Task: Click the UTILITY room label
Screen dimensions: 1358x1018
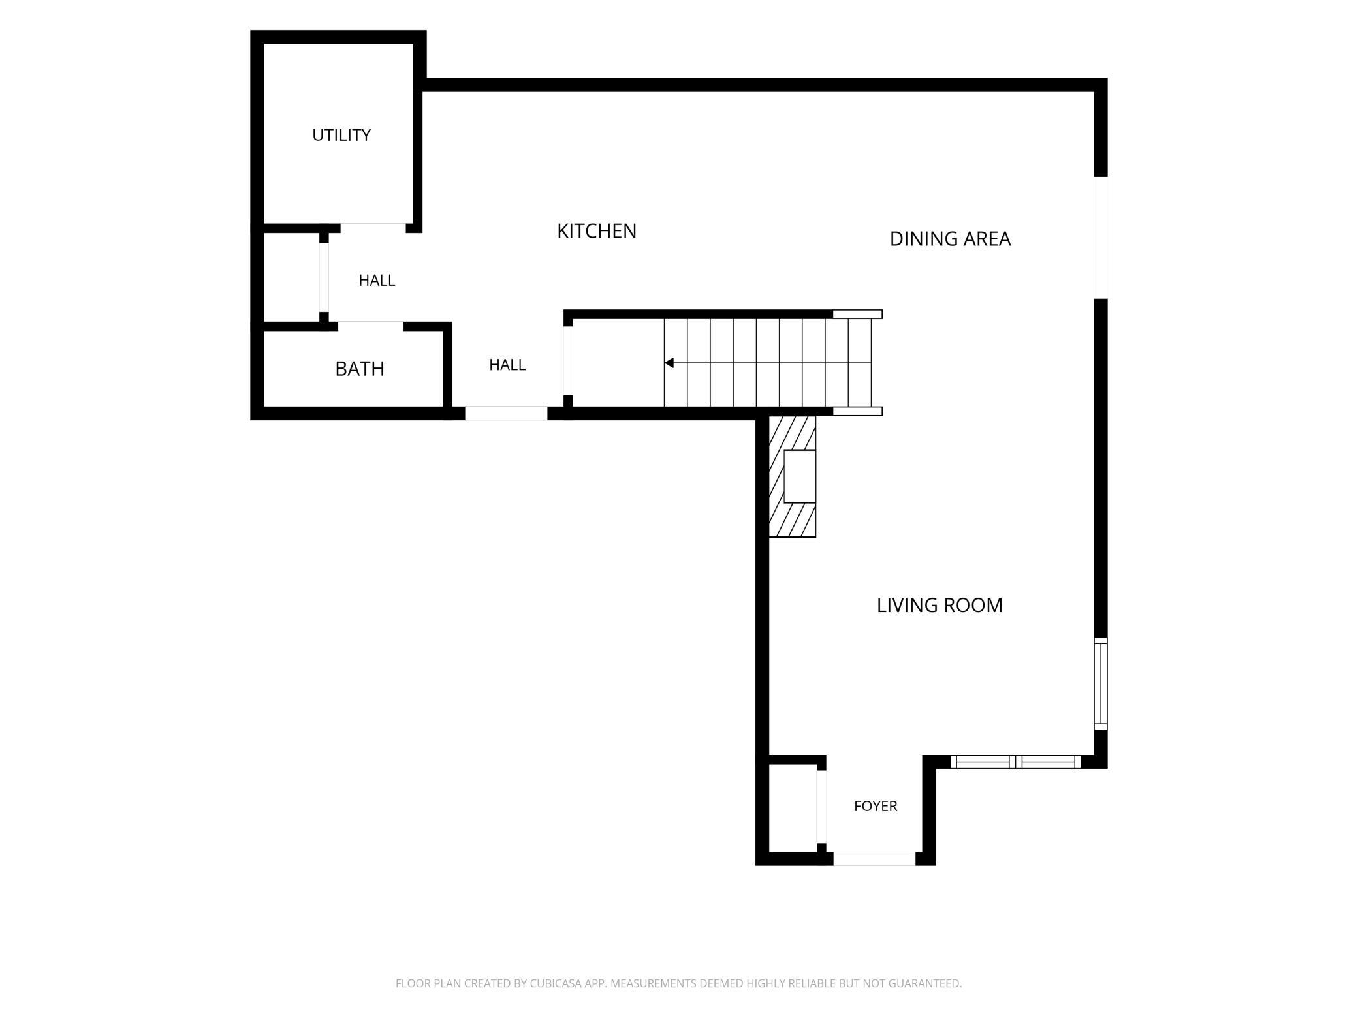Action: [x=341, y=135]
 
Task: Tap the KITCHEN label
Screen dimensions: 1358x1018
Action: [x=597, y=231]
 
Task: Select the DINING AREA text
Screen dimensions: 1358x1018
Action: [x=950, y=239]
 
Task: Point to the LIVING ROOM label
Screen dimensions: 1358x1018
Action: [x=940, y=605]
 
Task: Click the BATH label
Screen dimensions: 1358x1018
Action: [x=360, y=369]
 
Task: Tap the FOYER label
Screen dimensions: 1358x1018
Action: [x=876, y=806]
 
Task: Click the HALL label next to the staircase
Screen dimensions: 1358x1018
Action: [x=507, y=365]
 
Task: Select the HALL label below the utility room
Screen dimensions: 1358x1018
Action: [x=377, y=280]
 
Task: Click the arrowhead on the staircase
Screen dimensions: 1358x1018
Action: [x=669, y=363]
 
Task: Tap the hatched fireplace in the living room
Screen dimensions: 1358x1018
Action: [x=792, y=476]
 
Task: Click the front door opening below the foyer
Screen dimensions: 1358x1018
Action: [x=874, y=859]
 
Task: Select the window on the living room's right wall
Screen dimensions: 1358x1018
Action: [x=1101, y=683]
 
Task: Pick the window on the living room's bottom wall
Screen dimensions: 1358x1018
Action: [x=1015, y=762]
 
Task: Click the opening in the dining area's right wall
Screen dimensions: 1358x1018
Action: [x=1101, y=238]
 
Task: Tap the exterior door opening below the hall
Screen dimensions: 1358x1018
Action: [x=506, y=413]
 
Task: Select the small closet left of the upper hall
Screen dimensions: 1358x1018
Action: [x=291, y=277]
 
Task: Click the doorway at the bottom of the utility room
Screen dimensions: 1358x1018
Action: [x=373, y=228]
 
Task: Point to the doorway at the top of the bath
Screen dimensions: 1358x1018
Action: [x=371, y=326]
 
